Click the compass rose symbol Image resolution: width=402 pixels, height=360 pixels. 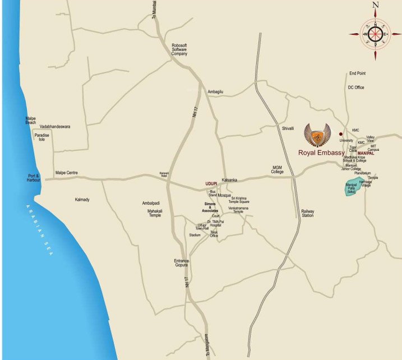(376, 34)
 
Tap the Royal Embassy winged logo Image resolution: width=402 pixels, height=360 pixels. (317, 135)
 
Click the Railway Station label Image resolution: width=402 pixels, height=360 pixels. (308, 213)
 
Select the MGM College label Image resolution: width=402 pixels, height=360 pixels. (278, 170)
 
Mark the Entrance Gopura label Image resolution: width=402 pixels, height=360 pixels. (182, 264)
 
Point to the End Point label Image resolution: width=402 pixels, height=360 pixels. (357, 73)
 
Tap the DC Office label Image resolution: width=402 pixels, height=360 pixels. (355, 87)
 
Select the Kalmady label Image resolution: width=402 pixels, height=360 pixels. (82, 200)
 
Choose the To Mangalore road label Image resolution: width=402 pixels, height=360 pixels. (206, 344)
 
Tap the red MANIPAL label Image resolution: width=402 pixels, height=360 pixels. (361, 153)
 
